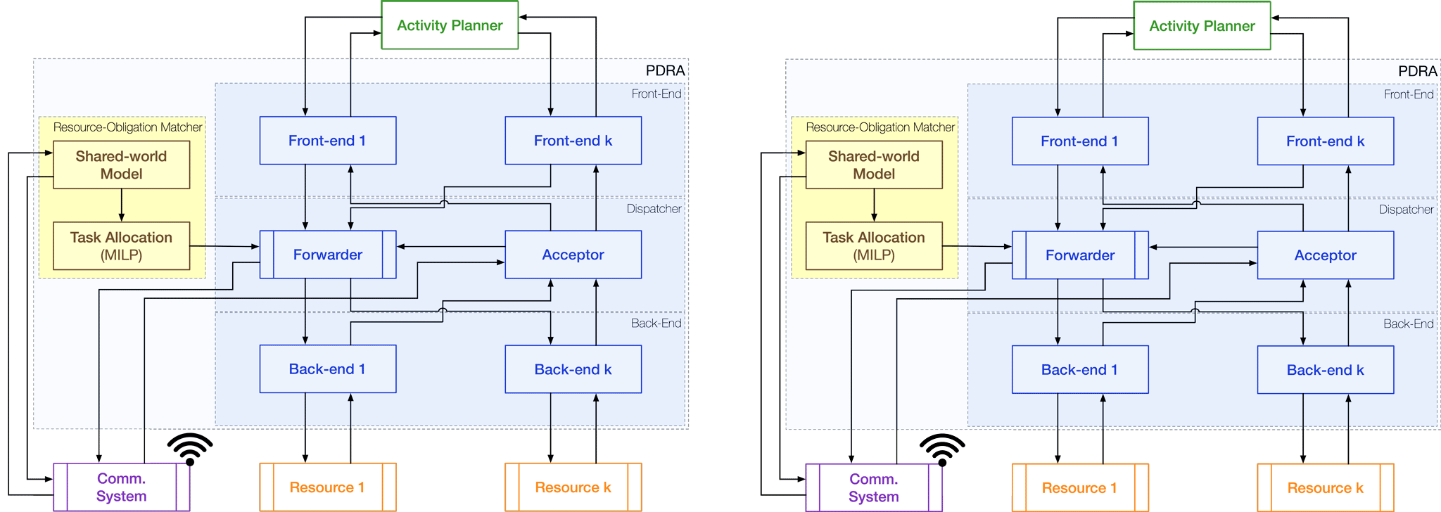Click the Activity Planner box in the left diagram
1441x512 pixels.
(450, 25)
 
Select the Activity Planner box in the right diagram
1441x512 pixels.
(1202, 26)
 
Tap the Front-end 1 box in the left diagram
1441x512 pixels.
(327, 141)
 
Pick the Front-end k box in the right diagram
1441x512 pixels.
(1325, 141)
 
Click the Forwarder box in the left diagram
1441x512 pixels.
(327, 255)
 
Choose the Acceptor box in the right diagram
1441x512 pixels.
(1325, 255)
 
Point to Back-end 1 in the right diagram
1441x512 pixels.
(1079, 370)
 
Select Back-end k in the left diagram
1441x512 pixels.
(573, 369)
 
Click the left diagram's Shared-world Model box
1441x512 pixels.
(121, 165)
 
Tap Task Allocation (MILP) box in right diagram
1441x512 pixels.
(873, 246)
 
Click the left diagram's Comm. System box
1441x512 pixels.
(121, 487)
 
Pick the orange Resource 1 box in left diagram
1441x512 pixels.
(327, 487)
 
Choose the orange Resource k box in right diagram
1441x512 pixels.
(1325, 488)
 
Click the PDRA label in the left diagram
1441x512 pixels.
(665, 70)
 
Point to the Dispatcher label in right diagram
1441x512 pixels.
(1406, 210)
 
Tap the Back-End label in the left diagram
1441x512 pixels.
(656, 324)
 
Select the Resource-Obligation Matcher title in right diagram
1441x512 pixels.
(880, 127)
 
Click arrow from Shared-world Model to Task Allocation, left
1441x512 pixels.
(122, 205)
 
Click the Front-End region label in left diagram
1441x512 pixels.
(656, 94)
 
